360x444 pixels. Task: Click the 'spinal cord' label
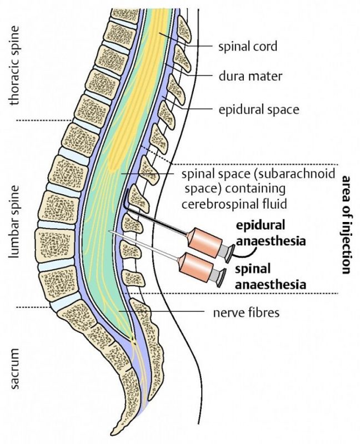point(247,47)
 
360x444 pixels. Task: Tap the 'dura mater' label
point(251,76)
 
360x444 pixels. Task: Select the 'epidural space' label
point(258,109)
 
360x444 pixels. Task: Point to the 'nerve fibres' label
point(246,312)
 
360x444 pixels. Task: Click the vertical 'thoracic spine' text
point(14,65)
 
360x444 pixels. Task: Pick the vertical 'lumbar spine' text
point(14,221)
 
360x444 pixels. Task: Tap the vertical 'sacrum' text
point(14,369)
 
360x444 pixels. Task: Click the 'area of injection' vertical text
point(347,225)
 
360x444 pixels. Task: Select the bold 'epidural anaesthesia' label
point(271,233)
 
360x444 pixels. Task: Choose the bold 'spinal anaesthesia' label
point(271,276)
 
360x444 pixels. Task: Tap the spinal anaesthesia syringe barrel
point(196,268)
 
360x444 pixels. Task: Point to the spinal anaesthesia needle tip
point(109,231)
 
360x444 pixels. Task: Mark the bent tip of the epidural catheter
point(127,189)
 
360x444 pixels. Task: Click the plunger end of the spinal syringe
point(222,278)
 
